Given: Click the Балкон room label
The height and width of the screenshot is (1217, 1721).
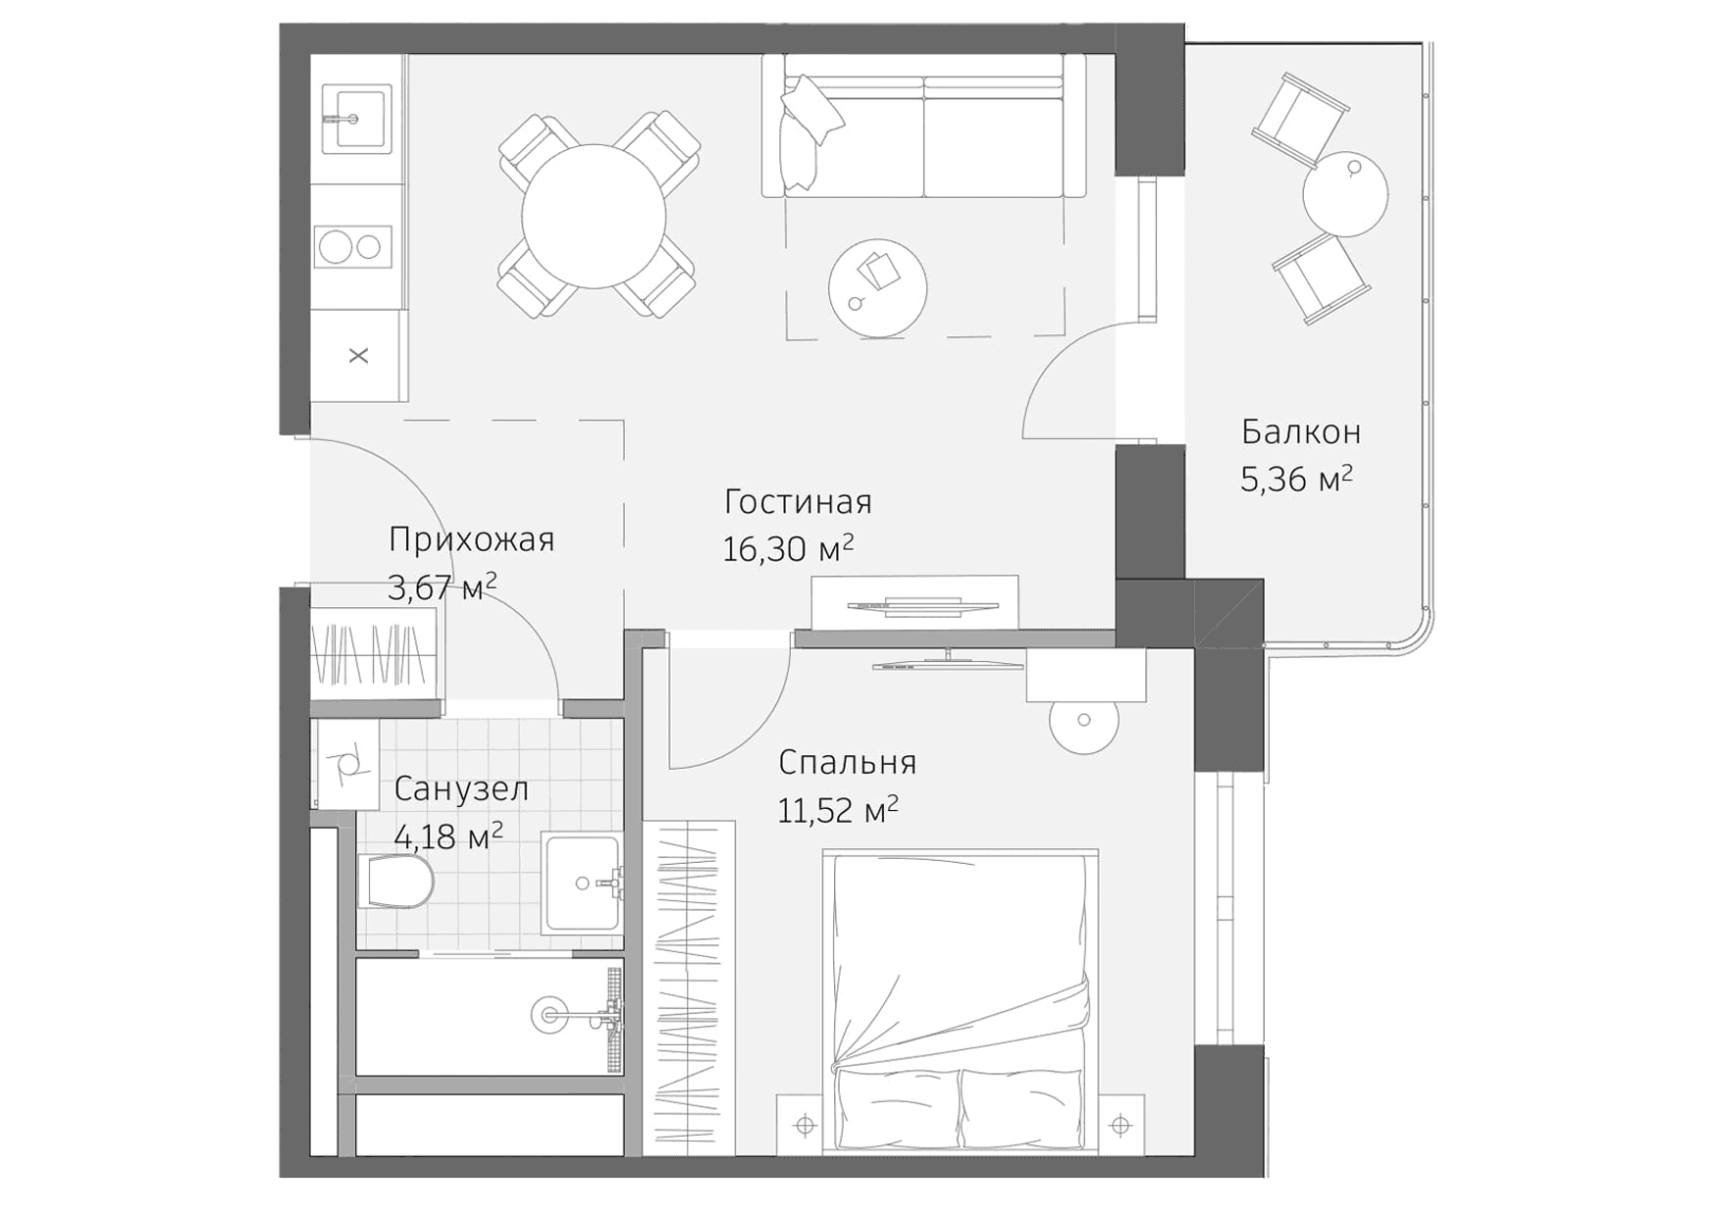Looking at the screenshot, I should [x=1300, y=431].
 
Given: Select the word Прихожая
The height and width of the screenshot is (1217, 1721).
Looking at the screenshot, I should [x=471, y=539].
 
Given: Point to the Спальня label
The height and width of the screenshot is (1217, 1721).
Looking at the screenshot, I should [x=847, y=762].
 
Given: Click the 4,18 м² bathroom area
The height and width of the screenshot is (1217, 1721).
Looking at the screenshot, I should [x=447, y=837].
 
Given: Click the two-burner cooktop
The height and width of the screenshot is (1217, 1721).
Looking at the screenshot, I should [x=352, y=246].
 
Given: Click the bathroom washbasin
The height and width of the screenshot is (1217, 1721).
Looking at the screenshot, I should [x=583, y=882].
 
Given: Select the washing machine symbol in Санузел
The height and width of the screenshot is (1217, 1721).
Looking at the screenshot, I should [x=344, y=764].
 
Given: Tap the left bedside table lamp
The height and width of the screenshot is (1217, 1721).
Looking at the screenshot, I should [x=805, y=1125].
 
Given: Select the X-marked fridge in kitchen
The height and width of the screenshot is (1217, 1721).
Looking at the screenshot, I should [x=358, y=355].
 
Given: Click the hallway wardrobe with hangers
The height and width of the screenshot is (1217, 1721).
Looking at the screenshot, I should [x=374, y=651].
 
